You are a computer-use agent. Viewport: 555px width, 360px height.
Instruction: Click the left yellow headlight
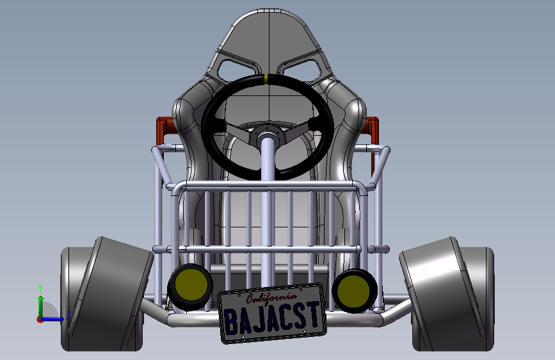(x=191, y=286)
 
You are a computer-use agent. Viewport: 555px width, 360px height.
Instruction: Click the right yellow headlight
(x=355, y=291)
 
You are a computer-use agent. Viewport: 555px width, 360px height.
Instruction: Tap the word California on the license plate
(x=271, y=298)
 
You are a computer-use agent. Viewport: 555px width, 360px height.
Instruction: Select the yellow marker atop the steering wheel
(x=266, y=79)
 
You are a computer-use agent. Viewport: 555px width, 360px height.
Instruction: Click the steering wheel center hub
(x=267, y=135)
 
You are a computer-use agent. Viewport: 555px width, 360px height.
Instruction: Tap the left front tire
(x=106, y=295)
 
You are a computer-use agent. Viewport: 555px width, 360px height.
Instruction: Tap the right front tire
(x=447, y=295)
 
